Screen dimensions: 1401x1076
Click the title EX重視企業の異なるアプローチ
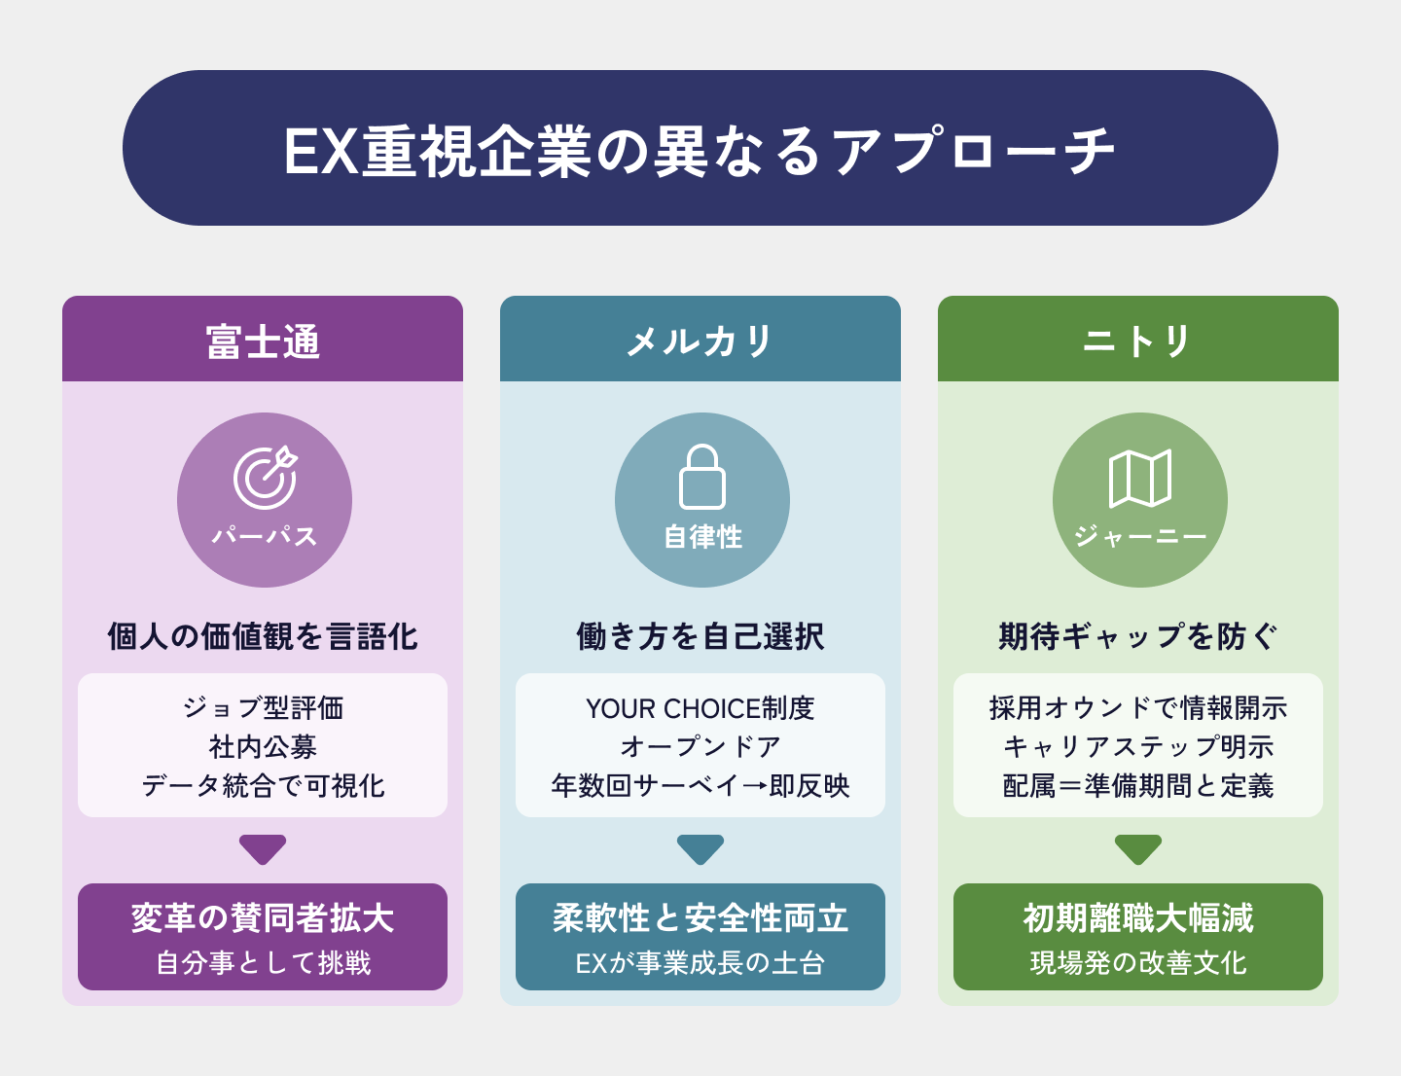(700, 151)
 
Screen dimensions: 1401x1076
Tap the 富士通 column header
(263, 341)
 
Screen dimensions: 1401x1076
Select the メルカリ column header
(700, 341)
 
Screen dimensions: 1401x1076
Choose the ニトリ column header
(1137, 341)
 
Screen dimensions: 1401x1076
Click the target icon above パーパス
(265, 478)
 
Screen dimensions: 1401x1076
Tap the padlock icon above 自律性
(701, 477)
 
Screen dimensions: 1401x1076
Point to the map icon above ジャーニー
(1139, 478)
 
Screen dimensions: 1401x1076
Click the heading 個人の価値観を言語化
(263, 636)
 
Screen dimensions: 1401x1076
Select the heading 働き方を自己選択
(700, 636)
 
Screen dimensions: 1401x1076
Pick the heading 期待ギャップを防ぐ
(1137, 636)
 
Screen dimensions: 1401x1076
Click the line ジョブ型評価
(263, 707)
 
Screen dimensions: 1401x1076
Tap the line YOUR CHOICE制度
(700, 707)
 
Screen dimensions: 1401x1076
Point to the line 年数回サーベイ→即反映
(700, 785)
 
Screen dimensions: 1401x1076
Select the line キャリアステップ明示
(1137, 746)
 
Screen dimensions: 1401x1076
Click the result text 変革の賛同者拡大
(263, 917)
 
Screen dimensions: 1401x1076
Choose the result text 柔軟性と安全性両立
(700, 917)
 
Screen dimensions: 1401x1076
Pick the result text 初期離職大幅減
(1137, 917)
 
